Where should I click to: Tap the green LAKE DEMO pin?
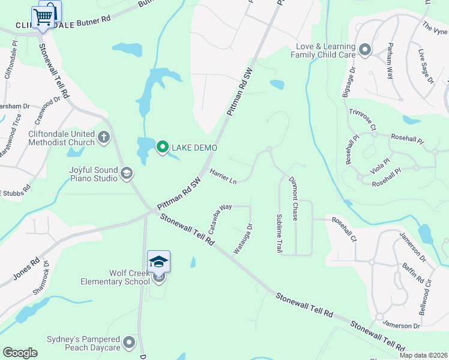pyautogui.click(x=162, y=147)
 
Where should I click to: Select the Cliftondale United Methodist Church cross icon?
pyautogui.click(x=104, y=137)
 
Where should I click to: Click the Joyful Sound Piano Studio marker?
pyautogui.click(x=126, y=174)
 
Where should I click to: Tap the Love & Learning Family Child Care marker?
pyautogui.click(x=364, y=50)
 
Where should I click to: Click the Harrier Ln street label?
pyautogui.click(x=223, y=176)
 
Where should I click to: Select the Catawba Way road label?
pyautogui.click(x=220, y=217)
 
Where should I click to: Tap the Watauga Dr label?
pyautogui.click(x=244, y=238)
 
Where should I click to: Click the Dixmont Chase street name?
pyautogui.click(x=294, y=199)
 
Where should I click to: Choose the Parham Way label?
pyautogui.click(x=390, y=61)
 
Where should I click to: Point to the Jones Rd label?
pyautogui.click(x=26, y=270)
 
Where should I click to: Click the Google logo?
pyautogui.click(x=20, y=353)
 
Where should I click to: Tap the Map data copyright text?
pyautogui.click(x=423, y=355)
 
